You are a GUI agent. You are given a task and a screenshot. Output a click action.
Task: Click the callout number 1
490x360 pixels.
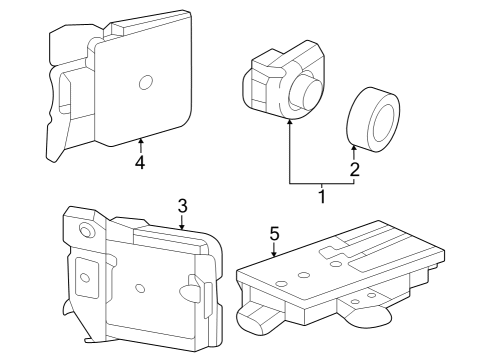322,198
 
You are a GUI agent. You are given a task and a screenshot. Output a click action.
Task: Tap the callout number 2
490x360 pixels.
354,169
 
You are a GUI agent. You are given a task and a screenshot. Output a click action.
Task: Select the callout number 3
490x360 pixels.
183,206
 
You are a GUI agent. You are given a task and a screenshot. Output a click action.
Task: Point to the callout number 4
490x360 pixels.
141,164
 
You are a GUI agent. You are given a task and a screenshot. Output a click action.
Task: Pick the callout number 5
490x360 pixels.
273,234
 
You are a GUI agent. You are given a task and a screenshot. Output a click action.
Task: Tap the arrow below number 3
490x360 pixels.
182,223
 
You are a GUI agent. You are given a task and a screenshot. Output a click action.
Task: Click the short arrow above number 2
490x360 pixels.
354,150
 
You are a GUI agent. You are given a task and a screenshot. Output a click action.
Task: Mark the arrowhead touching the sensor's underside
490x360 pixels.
289,122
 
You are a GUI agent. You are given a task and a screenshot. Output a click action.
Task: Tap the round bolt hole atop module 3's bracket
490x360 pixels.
87,231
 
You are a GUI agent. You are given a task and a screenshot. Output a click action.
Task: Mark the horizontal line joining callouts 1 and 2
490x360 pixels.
322,184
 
